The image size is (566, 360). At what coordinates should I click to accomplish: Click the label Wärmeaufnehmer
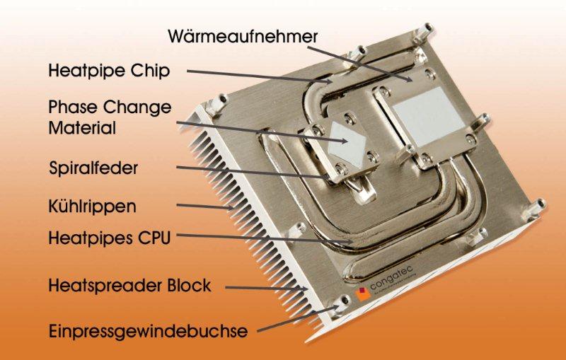(243, 36)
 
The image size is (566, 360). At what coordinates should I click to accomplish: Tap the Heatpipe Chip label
(109, 70)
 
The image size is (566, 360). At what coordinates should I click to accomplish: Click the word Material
(82, 128)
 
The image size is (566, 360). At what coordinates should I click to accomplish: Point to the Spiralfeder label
(93, 168)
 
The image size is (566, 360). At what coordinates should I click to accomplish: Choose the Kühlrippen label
(93, 206)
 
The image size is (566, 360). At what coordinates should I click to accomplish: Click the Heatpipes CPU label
(110, 238)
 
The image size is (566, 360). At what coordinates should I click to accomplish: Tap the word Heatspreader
(105, 285)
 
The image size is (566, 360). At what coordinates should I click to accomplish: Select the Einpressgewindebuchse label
(149, 331)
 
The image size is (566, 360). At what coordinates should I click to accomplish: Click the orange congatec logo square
(363, 294)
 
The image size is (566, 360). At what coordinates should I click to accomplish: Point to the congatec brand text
(391, 277)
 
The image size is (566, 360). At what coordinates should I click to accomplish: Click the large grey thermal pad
(429, 116)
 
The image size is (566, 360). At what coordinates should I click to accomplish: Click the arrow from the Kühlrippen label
(205, 207)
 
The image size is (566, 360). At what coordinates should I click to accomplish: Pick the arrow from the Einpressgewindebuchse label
(298, 319)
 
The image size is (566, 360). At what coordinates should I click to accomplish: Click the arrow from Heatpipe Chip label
(260, 76)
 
